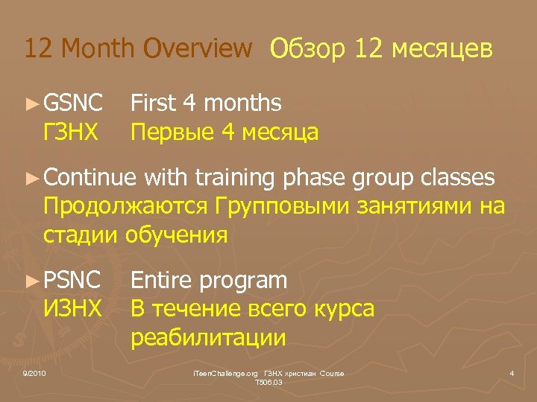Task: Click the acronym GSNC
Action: click(x=72, y=103)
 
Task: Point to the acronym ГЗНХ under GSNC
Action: click(x=71, y=133)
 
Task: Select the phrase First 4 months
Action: click(x=206, y=103)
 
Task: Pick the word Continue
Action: click(x=89, y=177)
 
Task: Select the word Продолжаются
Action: click(x=127, y=206)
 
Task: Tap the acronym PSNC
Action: click(x=72, y=281)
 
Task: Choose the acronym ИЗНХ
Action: click(x=72, y=308)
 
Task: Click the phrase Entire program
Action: click(x=209, y=281)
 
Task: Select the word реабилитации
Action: click(x=208, y=337)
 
